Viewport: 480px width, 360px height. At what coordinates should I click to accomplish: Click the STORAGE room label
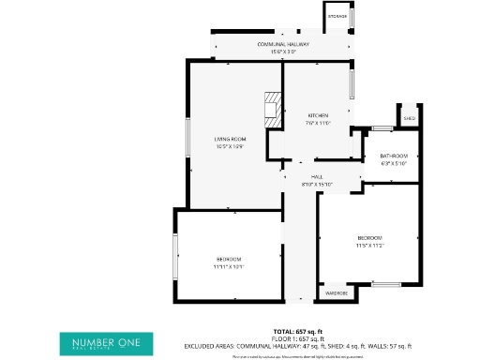(x=337, y=17)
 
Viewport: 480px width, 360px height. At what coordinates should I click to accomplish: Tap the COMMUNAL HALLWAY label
(x=283, y=44)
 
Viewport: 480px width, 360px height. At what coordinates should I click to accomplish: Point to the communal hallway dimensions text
(x=283, y=51)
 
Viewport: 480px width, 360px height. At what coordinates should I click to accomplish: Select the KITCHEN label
(x=318, y=115)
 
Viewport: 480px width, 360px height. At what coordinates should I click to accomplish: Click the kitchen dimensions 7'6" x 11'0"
(x=318, y=123)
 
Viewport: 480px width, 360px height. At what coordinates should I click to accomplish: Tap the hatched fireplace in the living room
(x=272, y=109)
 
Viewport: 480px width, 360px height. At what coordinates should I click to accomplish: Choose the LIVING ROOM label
(x=230, y=139)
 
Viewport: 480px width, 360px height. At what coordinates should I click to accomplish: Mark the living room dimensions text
(x=230, y=145)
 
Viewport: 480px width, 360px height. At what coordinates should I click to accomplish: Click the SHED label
(x=410, y=119)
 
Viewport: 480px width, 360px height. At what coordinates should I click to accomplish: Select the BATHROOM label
(x=394, y=156)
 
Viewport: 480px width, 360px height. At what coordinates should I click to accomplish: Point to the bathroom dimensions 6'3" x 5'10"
(x=394, y=162)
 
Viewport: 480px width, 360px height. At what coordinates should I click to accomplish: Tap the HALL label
(x=318, y=177)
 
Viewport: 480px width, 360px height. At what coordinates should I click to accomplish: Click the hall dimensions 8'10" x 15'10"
(x=318, y=184)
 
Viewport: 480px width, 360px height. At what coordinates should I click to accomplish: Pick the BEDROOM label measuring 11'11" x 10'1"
(x=230, y=259)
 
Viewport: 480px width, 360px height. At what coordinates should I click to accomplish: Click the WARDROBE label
(x=337, y=293)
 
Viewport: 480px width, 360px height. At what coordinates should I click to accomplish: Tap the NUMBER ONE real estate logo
(x=106, y=344)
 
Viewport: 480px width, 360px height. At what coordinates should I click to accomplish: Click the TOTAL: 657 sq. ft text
(x=297, y=332)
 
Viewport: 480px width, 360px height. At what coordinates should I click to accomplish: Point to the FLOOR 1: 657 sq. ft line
(x=297, y=338)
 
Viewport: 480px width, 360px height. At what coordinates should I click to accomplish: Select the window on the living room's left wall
(x=187, y=139)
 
